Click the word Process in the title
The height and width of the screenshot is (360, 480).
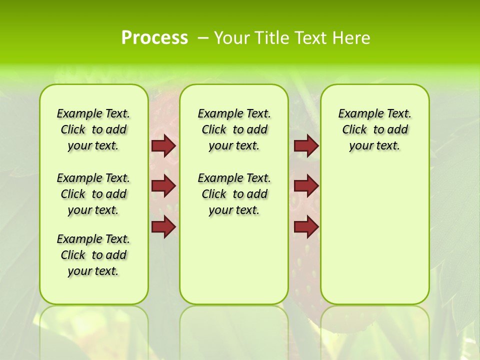pyautogui.click(x=154, y=37)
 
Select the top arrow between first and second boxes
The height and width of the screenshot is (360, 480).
pyautogui.click(x=163, y=146)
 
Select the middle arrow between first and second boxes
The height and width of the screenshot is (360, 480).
pyautogui.click(x=163, y=186)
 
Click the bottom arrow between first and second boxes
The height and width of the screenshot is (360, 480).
pyautogui.click(x=163, y=227)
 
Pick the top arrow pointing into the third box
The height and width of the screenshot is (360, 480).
pyautogui.click(x=306, y=146)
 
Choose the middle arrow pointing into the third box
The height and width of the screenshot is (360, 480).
pyautogui.click(x=306, y=186)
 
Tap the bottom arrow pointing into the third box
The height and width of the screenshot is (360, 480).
pyautogui.click(x=306, y=227)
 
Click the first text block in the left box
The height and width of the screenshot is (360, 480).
pyautogui.click(x=93, y=129)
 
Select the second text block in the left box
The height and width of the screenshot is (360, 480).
pyautogui.click(x=93, y=194)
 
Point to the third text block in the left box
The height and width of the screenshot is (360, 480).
pyautogui.click(x=93, y=255)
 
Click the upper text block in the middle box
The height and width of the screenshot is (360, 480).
pyautogui.click(x=234, y=129)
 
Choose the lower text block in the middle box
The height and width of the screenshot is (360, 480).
pyautogui.click(x=234, y=194)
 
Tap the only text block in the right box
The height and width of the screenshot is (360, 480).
pyautogui.click(x=375, y=129)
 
